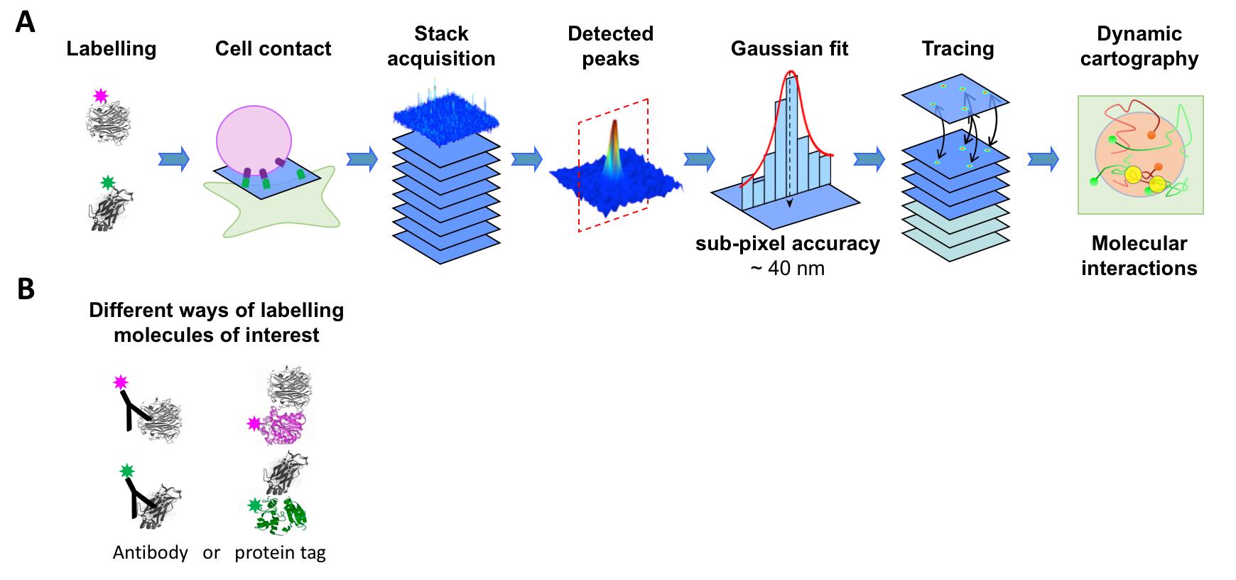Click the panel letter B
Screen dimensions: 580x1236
(x=25, y=289)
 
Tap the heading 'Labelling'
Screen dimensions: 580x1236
(x=112, y=48)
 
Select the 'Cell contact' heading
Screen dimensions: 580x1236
(x=273, y=48)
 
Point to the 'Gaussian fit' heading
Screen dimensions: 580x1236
(x=789, y=48)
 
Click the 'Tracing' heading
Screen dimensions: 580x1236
(x=958, y=48)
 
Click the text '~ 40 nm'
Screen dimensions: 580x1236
(x=788, y=269)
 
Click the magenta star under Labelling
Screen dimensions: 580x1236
(x=101, y=96)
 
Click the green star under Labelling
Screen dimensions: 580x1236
(x=108, y=183)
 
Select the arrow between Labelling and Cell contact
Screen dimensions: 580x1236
(x=174, y=159)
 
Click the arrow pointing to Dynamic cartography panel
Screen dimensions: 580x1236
(x=1043, y=159)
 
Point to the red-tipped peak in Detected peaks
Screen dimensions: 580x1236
(x=614, y=128)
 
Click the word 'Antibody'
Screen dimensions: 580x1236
(x=150, y=552)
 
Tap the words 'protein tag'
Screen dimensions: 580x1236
(x=280, y=552)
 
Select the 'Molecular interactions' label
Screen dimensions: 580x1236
(x=1139, y=256)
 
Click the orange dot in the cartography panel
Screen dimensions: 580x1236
(x=1151, y=134)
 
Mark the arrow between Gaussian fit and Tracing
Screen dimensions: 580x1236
(x=869, y=159)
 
